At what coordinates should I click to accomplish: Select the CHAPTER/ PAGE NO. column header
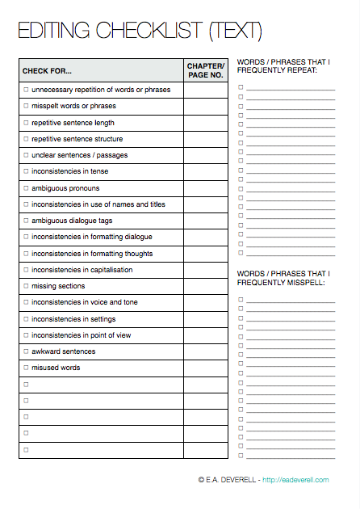[205, 70]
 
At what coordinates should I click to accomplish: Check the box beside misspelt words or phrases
[26, 107]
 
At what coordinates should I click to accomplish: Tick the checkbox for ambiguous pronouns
[26, 188]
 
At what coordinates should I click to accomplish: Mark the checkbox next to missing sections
[26, 286]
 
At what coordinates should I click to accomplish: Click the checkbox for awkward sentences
[26, 351]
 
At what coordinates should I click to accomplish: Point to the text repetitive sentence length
[73, 123]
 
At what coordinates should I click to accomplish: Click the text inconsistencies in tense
[69, 171]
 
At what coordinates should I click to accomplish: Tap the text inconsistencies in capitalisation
[82, 270]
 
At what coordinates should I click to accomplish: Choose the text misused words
[56, 368]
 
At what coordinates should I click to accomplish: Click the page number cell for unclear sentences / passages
[205, 155]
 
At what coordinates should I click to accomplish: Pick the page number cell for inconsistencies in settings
[205, 319]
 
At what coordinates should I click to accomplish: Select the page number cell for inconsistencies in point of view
[205, 335]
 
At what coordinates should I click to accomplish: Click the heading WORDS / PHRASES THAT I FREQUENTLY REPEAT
[283, 65]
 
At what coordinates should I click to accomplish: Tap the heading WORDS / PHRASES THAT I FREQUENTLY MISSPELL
[283, 278]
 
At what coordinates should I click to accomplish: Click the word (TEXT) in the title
[236, 32]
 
